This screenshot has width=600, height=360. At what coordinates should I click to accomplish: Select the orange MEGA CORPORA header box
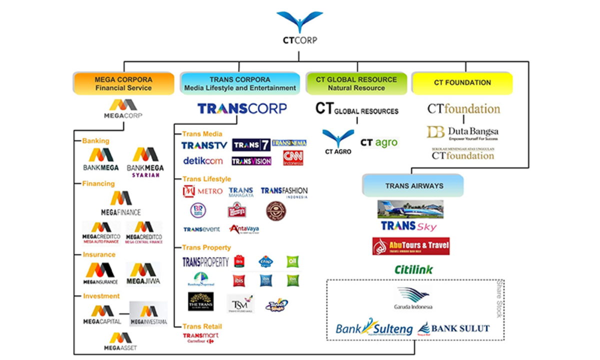pyautogui.click(x=123, y=83)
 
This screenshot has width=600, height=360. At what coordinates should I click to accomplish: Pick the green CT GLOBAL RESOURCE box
pyautogui.click(x=356, y=83)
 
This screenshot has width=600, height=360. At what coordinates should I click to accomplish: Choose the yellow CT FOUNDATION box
pyautogui.click(x=461, y=83)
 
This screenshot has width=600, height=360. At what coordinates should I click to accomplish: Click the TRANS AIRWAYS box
pyautogui.click(x=413, y=186)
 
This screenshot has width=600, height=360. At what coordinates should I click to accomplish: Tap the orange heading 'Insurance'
pyautogui.click(x=99, y=254)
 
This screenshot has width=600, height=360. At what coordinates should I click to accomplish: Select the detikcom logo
pyautogui.click(x=202, y=161)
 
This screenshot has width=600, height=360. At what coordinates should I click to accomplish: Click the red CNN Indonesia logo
pyautogui.click(x=293, y=158)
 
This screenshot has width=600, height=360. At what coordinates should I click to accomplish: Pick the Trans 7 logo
pyautogui.click(x=251, y=145)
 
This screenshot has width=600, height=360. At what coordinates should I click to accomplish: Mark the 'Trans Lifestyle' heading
pyautogui.click(x=206, y=179)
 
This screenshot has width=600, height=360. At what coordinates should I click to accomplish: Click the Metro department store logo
pyautogui.click(x=202, y=191)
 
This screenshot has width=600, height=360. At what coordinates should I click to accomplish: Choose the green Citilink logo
pyautogui.click(x=413, y=270)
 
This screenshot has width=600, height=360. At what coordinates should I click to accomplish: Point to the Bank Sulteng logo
pyautogui.click(x=374, y=328)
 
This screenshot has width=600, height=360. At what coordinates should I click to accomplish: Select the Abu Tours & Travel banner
pyautogui.click(x=410, y=246)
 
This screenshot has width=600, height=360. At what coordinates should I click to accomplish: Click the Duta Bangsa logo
pyautogui.click(x=462, y=132)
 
